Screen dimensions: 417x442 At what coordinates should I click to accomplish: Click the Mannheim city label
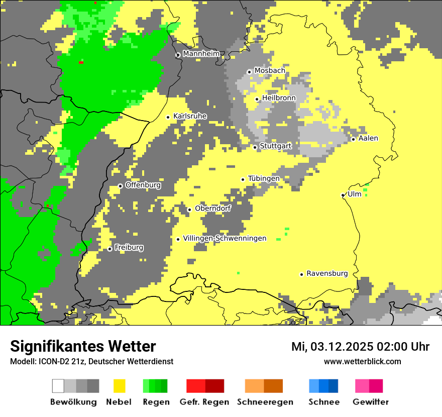(201, 53)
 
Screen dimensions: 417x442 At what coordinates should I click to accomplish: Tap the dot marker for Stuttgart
(255, 147)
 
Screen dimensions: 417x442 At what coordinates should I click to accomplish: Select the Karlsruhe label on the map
(190, 116)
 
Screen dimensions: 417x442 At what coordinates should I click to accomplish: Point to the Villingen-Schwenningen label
(225, 238)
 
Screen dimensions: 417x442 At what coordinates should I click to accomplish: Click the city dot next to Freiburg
(110, 249)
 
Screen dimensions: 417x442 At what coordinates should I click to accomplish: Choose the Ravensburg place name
(327, 273)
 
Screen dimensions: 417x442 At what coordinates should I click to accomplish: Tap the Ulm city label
(355, 194)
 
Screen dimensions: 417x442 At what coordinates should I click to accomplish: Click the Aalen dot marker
(354, 139)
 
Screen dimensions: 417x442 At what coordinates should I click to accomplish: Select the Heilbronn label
(279, 97)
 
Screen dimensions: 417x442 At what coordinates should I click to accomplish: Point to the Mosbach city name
(270, 70)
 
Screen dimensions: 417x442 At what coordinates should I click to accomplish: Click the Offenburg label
(143, 185)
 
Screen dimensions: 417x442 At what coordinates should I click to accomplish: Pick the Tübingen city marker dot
(243, 179)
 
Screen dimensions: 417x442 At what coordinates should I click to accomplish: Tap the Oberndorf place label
(212, 208)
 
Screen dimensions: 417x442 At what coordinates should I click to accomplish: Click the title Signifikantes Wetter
(83, 346)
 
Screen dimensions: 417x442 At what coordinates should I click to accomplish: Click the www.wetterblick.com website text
(362, 361)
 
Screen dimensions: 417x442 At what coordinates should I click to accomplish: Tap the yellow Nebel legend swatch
(119, 386)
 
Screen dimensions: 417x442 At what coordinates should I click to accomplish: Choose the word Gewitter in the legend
(371, 402)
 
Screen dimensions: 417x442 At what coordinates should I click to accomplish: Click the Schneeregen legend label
(265, 402)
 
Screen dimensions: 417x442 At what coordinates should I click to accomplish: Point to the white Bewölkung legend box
(58, 386)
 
